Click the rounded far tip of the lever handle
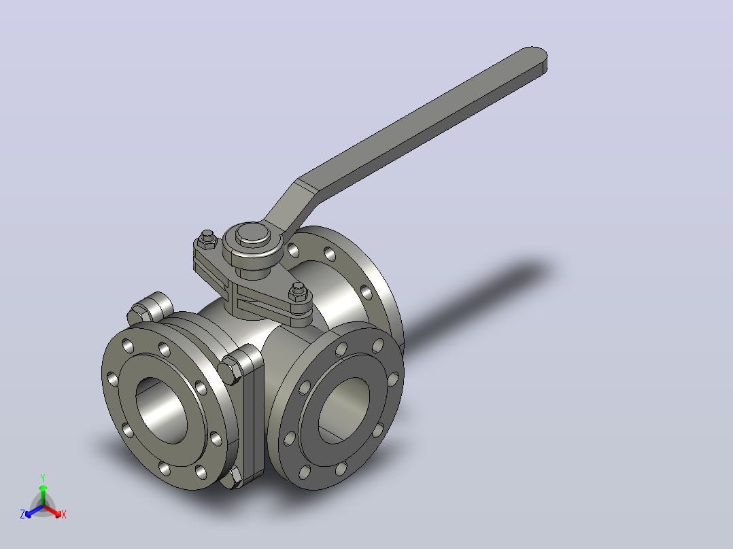[534, 59]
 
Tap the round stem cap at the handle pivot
[253, 236]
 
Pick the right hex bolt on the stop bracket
[298, 292]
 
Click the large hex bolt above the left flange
[150, 308]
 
